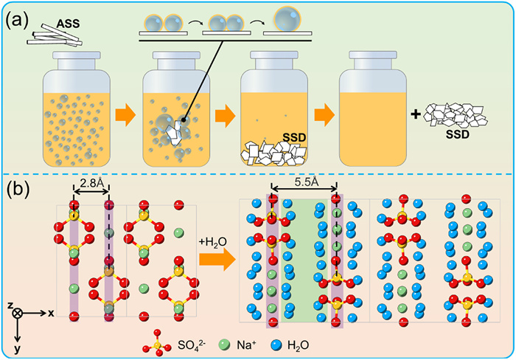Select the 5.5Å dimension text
point(304,180)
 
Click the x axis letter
point(52,313)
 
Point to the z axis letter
point(12,303)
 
